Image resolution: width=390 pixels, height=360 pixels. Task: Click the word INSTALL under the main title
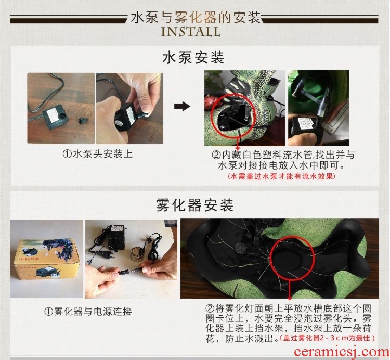point(190,32)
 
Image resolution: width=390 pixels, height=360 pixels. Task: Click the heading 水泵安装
point(193,58)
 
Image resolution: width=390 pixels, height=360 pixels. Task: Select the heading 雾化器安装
point(194,205)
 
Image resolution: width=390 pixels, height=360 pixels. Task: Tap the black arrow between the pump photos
point(182,106)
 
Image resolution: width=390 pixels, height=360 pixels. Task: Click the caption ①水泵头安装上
point(97,154)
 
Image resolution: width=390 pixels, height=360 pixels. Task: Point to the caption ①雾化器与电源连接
point(88,312)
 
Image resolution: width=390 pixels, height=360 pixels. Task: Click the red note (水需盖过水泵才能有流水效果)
point(281,176)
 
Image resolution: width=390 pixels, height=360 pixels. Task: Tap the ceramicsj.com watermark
point(342,352)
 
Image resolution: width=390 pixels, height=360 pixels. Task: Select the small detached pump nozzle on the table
point(82,120)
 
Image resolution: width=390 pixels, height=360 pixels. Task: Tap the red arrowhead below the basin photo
point(290,298)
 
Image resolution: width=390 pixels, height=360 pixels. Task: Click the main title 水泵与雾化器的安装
point(196,17)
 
